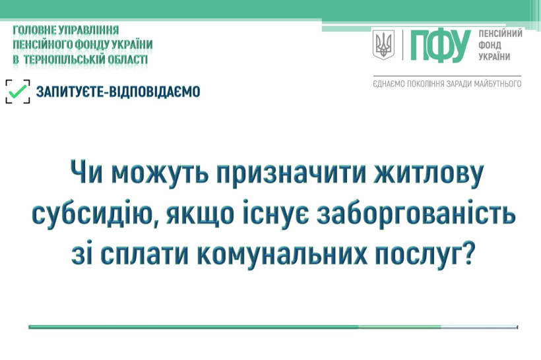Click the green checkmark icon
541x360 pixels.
(x=17, y=92)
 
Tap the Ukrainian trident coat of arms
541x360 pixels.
(x=383, y=44)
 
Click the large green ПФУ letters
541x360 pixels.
(x=440, y=45)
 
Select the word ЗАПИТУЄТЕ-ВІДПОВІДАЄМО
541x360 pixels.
(x=118, y=92)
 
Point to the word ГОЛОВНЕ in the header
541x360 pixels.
(x=34, y=30)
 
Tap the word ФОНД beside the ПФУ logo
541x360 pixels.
(x=490, y=45)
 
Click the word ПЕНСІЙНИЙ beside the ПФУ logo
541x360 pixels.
(x=500, y=34)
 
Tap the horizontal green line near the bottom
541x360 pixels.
(x=273, y=327)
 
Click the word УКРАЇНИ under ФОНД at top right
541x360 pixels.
(x=494, y=57)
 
